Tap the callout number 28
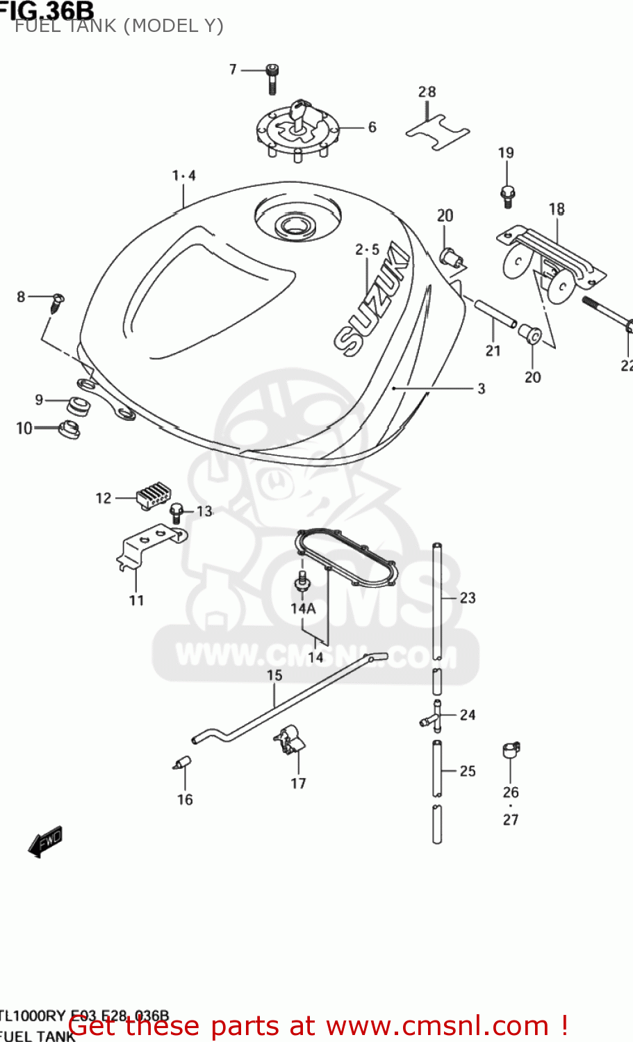(x=427, y=92)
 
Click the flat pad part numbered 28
(x=438, y=133)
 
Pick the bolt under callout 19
(x=507, y=196)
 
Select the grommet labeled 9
(x=78, y=406)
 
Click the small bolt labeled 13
(x=178, y=514)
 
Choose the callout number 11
(x=136, y=600)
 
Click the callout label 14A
(x=303, y=609)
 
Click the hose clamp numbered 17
(x=290, y=740)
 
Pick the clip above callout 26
(x=511, y=750)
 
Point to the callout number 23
(x=468, y=597)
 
